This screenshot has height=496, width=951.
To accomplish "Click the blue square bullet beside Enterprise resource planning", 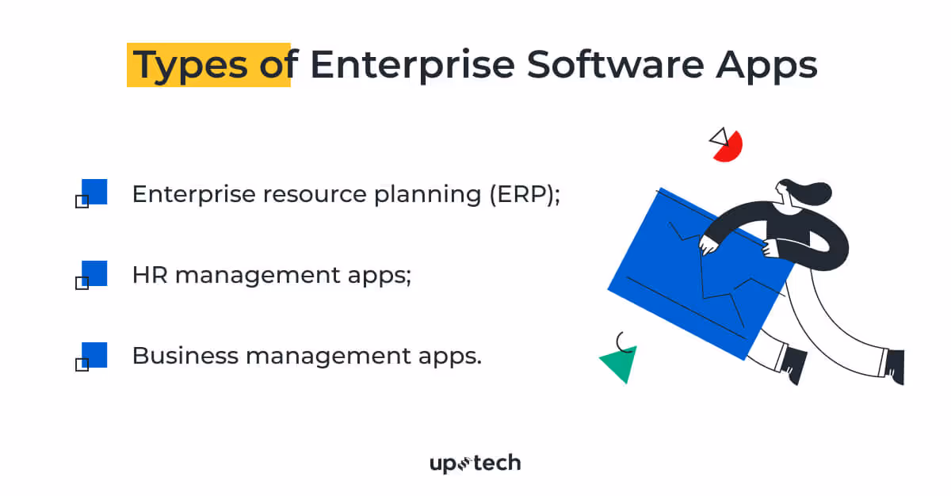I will click(x=94, y=192).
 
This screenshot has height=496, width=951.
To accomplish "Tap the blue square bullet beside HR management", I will click(x=94, y=273).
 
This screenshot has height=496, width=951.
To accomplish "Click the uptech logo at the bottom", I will click(x=475, y=464).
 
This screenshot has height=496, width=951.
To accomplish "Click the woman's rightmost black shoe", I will click(x=895, y=366).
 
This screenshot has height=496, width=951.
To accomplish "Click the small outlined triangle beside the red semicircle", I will click(x=719, y=136).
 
